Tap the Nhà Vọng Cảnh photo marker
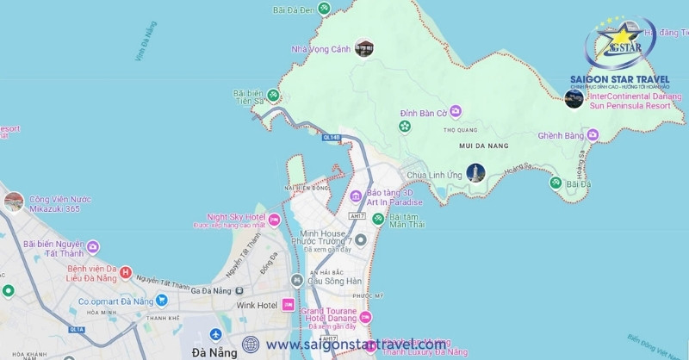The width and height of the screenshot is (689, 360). (x=364, y=48)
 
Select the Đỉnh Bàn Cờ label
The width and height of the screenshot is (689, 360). (x=423, y=113)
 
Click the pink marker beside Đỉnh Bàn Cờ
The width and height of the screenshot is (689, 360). (x=456, y=111)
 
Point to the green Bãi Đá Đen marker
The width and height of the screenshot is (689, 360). (x=324, y=9)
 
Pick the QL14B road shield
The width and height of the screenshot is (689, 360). (x=332, y=137)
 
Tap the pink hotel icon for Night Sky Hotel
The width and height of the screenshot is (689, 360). (x=274, y=220)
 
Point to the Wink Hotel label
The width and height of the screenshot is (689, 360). (x=257, y=305)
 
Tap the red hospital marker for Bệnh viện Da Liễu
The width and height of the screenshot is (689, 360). (x=126, y=273)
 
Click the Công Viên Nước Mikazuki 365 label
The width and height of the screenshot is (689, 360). (x=59, y=203)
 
